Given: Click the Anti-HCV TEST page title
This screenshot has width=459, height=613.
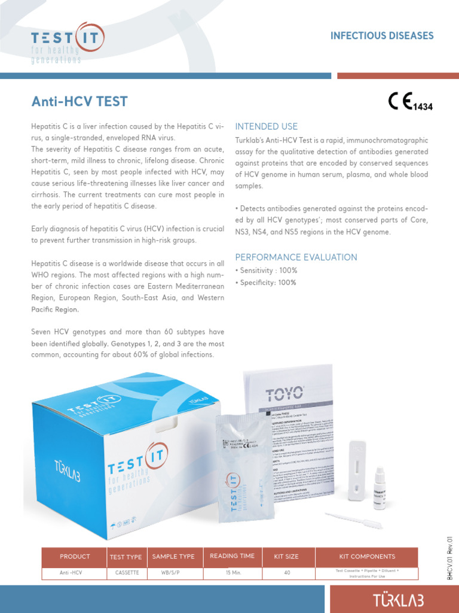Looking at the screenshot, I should [79, 101].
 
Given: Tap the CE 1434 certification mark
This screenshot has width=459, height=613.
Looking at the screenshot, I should [410, 102].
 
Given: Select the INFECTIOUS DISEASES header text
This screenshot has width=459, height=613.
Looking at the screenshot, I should [382, 36].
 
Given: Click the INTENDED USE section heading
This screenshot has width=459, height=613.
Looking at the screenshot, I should [266, 126].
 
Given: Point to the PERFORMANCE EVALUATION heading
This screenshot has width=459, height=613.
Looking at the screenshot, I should [296, 257].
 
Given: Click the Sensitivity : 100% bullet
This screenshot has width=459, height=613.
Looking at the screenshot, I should [267, 271].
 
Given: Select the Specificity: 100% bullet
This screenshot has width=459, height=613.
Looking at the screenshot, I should [266, 283].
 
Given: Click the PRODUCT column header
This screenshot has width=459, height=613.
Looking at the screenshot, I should [75, 557].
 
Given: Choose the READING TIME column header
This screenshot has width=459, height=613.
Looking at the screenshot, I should [232, 556].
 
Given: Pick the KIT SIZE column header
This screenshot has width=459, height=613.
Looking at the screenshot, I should [286, 557].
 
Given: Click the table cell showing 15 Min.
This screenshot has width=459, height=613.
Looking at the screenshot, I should [232, 573].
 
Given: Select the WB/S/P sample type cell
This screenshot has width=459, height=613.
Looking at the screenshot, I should [173, 573].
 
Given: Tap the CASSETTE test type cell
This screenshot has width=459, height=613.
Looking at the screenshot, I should [127, 573].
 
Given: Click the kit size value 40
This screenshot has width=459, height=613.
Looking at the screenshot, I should [286, 573].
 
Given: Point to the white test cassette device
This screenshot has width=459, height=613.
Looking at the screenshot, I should [357, 470].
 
